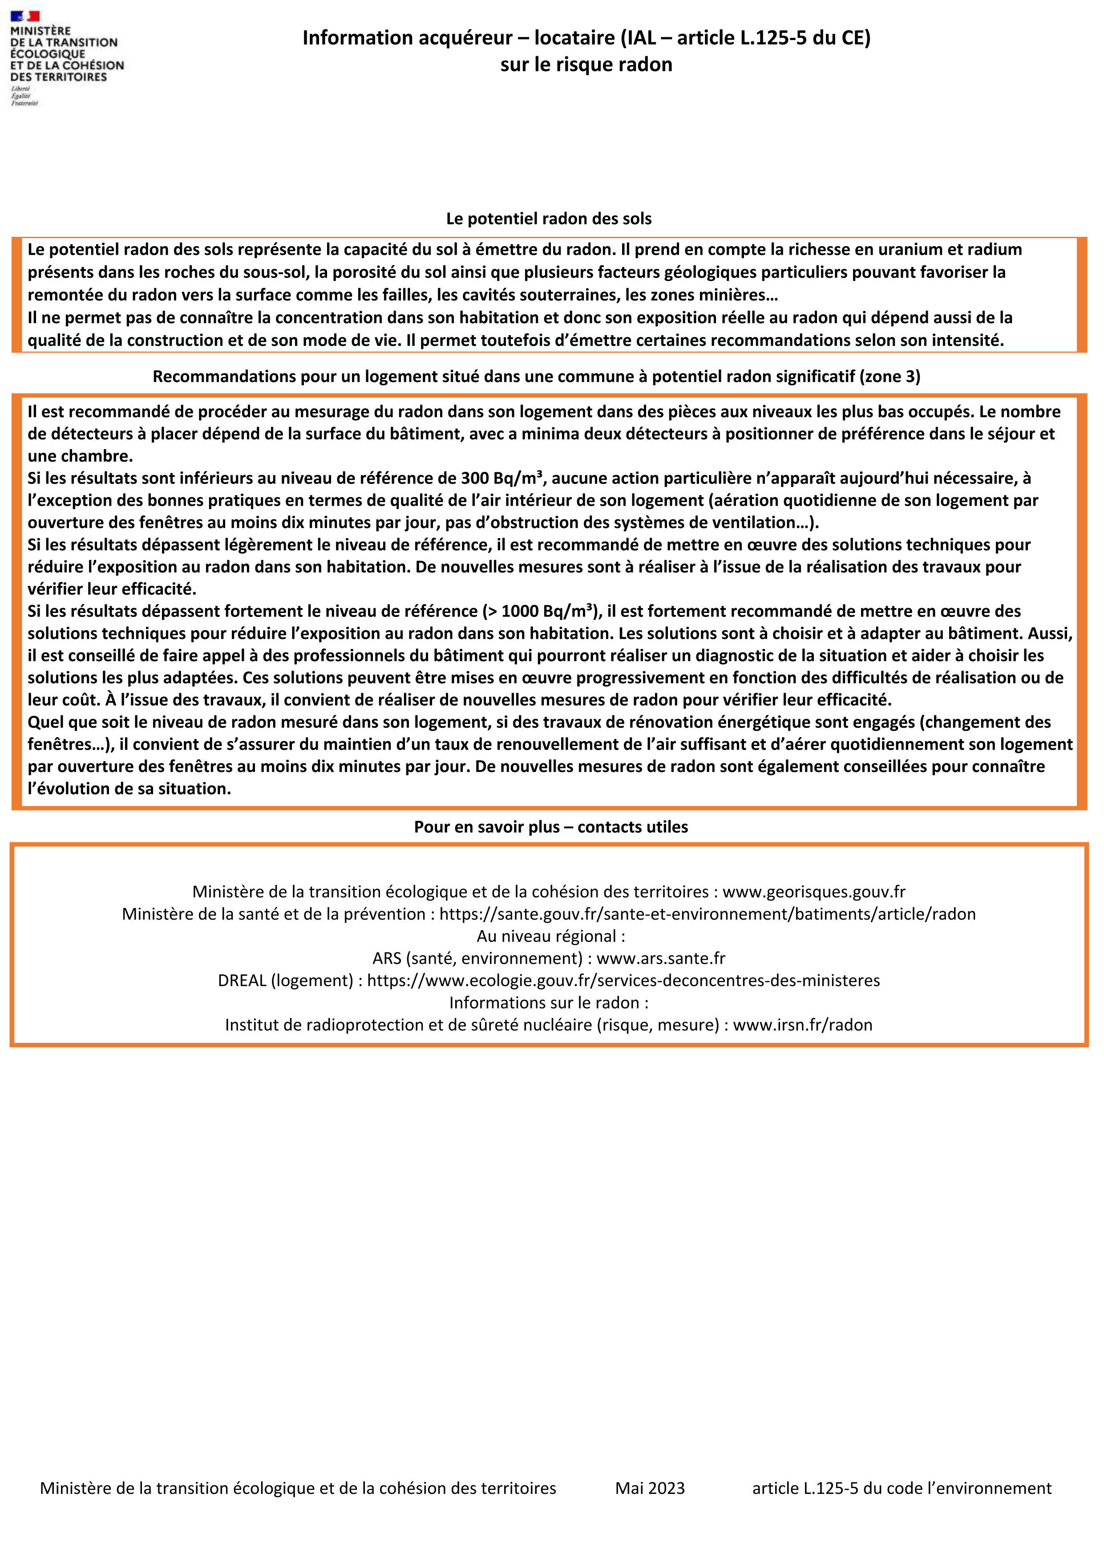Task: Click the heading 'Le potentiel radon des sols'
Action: [548, 219]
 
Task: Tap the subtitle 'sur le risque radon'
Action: [586, 65]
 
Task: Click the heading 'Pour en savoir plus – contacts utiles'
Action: [551, 827]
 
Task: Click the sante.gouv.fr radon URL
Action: [708, 914]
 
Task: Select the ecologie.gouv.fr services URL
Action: [623, 980]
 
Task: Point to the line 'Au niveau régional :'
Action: [551, 936]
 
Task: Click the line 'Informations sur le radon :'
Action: [548, 1003]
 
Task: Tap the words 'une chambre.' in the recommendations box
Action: [80, 456]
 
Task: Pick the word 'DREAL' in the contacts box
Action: [242, 980]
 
